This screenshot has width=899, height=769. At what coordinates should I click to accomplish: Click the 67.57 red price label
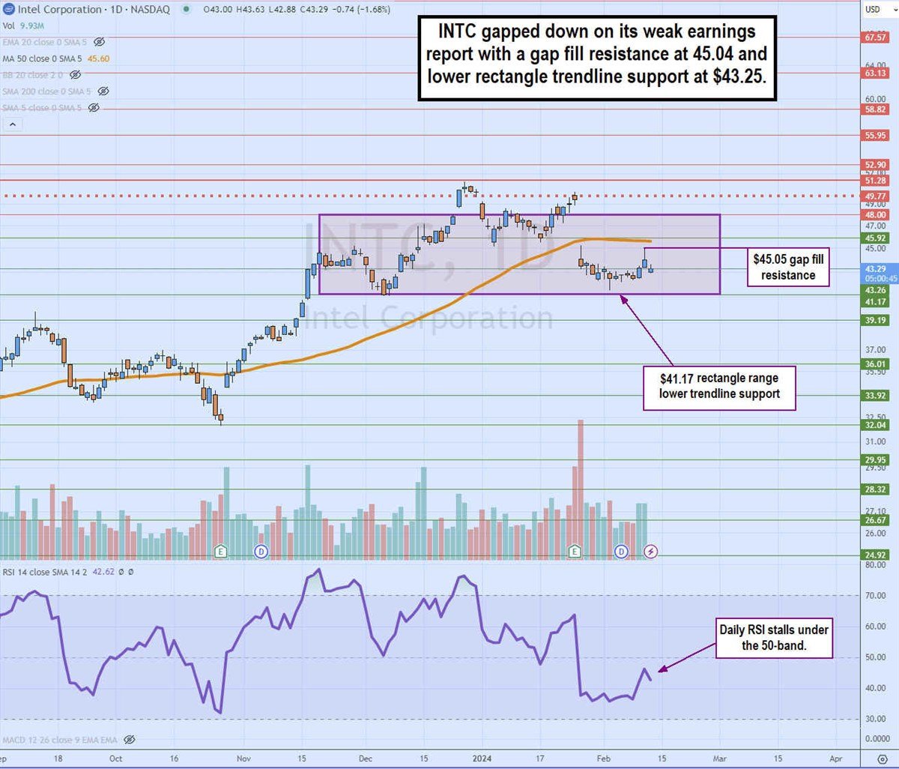click(x=875, y=37)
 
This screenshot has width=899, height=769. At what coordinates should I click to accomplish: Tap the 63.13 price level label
click(x=875, y=73)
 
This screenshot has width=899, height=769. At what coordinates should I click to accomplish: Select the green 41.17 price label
click(x=875, y=301)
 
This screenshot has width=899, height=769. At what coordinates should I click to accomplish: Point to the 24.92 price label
click(x=875, y=555)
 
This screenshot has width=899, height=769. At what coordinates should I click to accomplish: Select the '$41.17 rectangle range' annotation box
click(x=719, y=387)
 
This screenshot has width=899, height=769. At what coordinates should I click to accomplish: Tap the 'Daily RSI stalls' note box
click(x=774, y=637)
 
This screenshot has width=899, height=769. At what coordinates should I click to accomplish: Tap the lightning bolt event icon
click(x=651, y=552)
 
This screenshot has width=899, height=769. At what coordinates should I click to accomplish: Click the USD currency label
click(x=873, y=9)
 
